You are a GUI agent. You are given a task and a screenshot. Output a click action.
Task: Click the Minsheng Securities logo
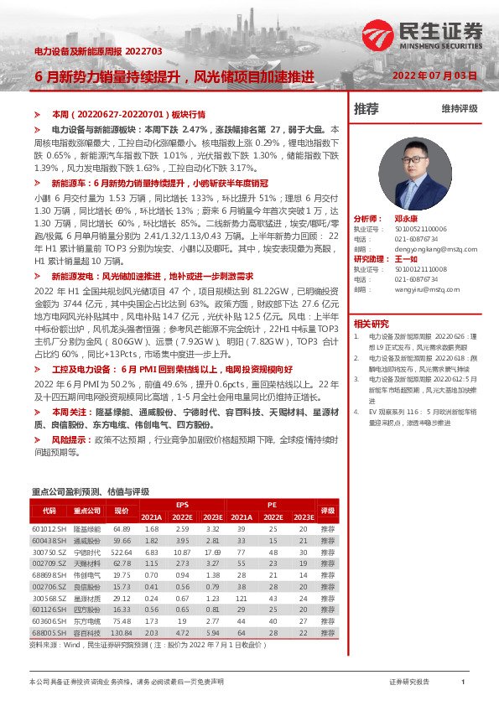tap(424, 37)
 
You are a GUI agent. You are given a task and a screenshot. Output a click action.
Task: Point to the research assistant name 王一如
tap(406, 259)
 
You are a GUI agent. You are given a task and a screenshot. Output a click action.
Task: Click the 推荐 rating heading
tap(366, 108)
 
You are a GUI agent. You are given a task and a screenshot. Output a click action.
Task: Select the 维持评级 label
tap(460, 109)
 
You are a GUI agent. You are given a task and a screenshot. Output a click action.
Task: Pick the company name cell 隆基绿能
tap(86, 529)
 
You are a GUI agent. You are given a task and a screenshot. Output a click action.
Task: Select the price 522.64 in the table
tap(122, 552)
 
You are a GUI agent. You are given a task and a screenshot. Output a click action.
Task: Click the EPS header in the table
tap(182, 505)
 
